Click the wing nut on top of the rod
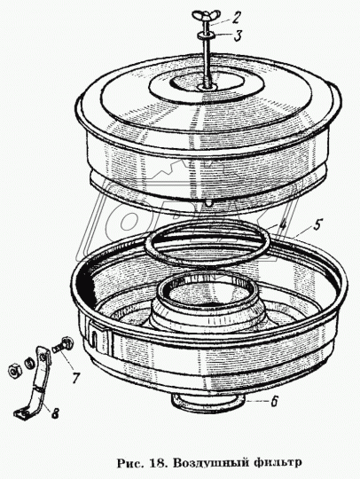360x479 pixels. pyautogui.click(x=201, y=15)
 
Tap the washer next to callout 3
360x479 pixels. pyautogui.click(x=207, y=35)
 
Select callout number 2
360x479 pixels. pyautogui.click(x=235, y=19)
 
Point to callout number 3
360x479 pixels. pyautogui.click(x=236, y=35)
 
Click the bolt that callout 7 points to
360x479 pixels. pyautogui.click(x=62, y=344)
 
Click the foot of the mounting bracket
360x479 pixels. pyautogui.click(x=20, y=413)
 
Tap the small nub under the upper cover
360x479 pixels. pyautogui.click(x=207, y=203)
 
